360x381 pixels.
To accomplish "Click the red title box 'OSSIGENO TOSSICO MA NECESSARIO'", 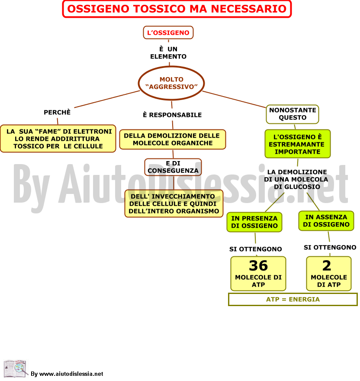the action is [177, 9].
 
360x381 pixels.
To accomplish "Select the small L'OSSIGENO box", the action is [168, 32].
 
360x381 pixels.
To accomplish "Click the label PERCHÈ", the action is [57, 112].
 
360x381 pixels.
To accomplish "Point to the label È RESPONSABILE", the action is [172, 115].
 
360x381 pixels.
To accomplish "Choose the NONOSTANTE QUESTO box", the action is [292, 114].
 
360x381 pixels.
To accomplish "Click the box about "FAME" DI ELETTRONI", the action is [58, 139].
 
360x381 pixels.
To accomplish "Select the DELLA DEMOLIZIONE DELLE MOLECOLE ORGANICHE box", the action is [173, 139].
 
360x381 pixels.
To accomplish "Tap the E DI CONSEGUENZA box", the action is [173, 167].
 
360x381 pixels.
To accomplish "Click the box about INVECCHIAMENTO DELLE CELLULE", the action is [174, 203].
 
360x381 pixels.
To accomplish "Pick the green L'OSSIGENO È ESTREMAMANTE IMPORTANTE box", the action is [298, 144].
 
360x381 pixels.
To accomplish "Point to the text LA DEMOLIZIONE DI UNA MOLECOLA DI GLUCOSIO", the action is [296, 179].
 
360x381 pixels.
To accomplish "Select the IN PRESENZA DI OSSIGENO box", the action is [254, 222].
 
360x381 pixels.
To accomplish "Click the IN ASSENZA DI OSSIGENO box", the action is [326, 221].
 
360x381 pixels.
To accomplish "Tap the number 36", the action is [258, 265].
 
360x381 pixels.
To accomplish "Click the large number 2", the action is [327, 265].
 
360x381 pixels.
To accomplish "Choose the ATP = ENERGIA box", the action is [293, 299].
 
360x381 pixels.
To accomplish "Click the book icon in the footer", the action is [15, 368].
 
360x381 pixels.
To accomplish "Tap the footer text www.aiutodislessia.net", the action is [71, 374].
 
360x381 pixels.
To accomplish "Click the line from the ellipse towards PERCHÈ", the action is [107, 99].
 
